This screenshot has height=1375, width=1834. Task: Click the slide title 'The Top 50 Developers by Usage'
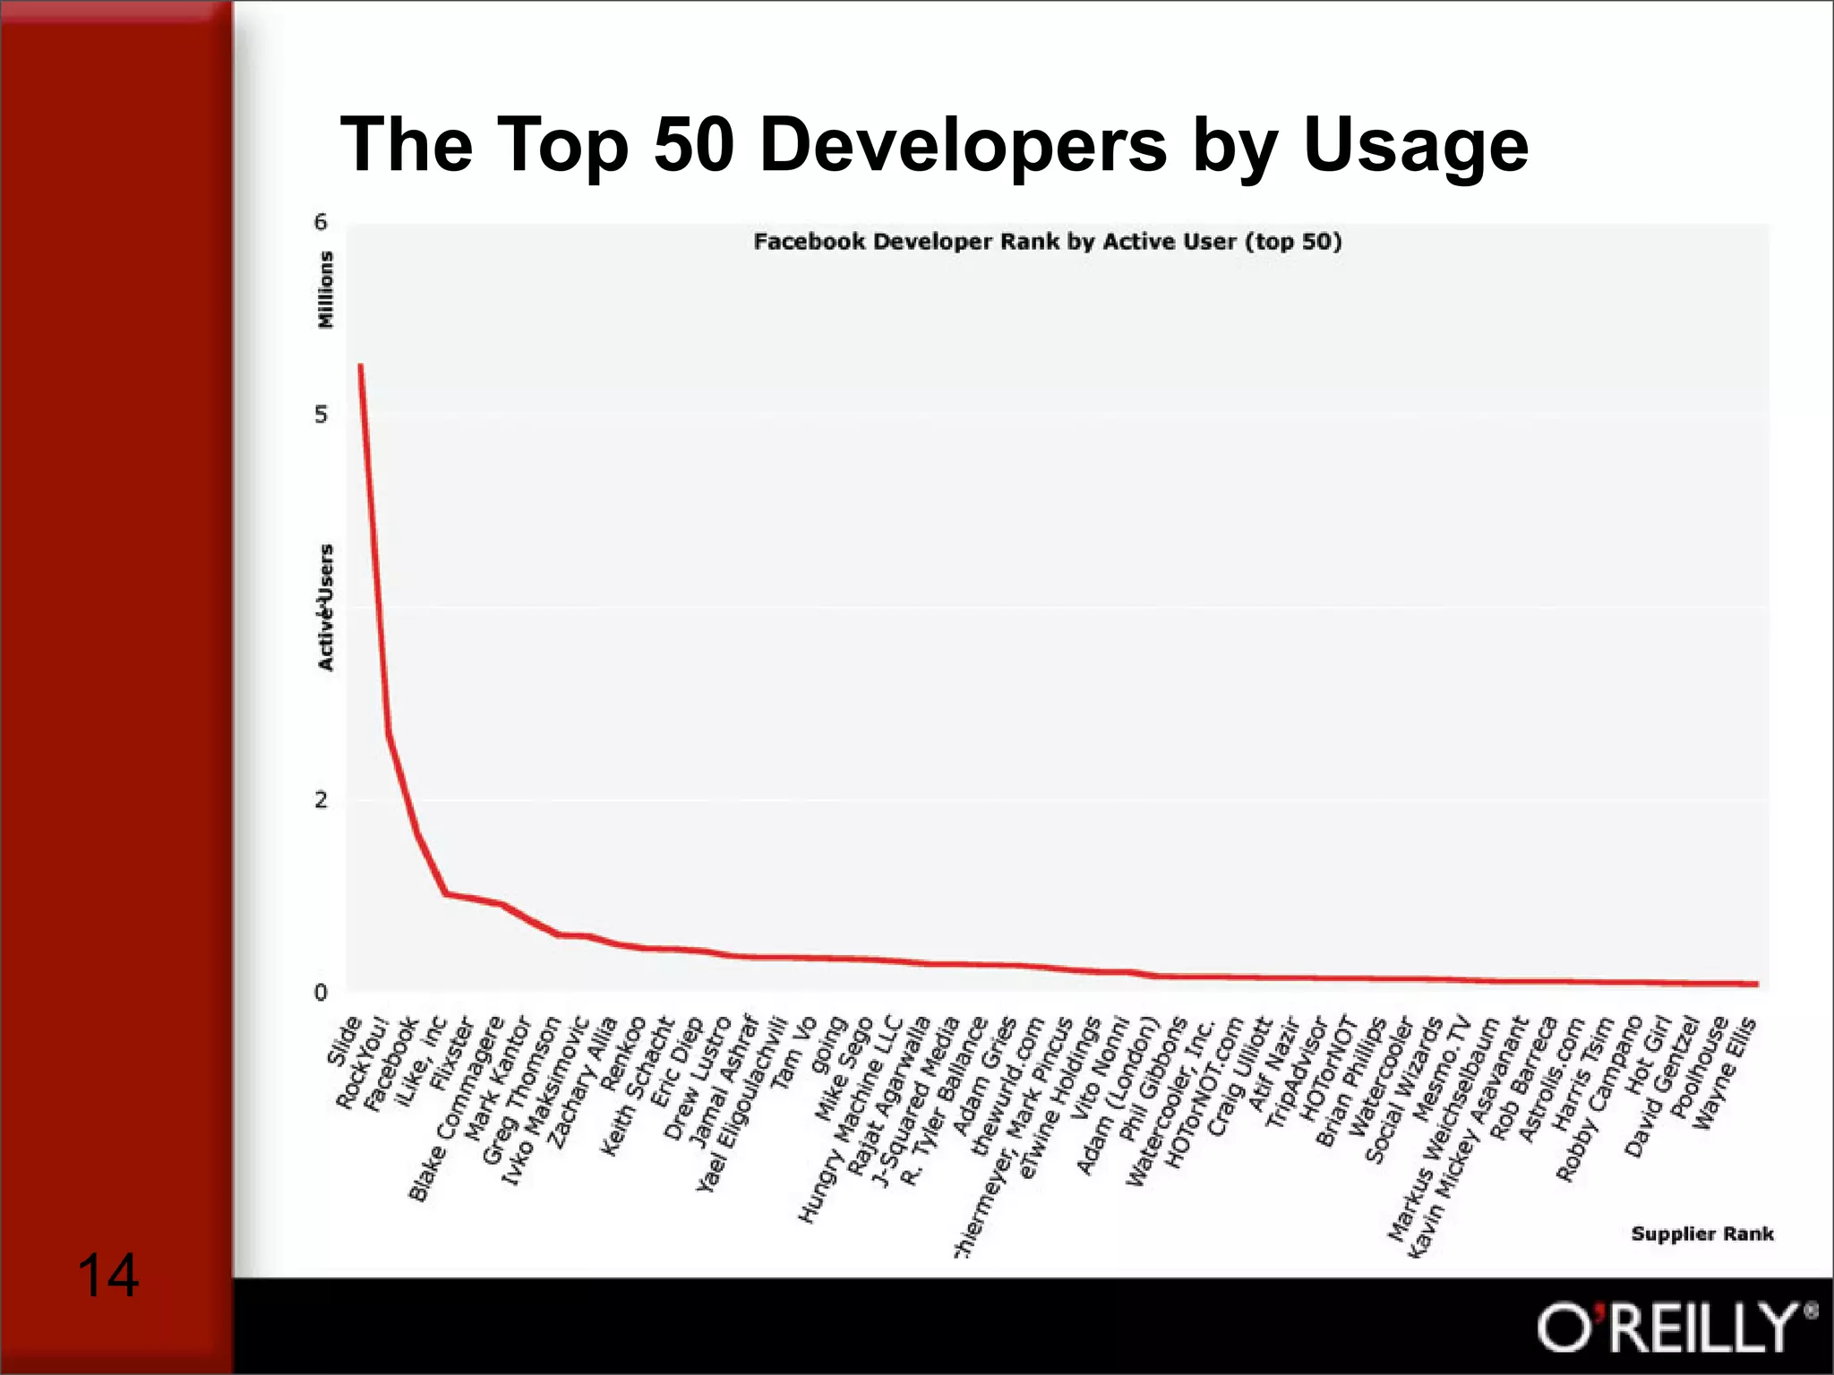coord(934,145)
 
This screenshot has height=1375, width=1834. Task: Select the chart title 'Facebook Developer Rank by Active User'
coord(1047,242)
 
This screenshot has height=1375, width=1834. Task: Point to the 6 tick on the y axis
coord(321,222)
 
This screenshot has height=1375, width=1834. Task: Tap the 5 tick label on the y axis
coord(321,414)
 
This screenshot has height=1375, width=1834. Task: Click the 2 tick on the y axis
coord(321,800)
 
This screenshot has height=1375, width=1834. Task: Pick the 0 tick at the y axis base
coord(321,992)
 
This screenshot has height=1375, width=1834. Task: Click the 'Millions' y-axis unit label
coord(326,289)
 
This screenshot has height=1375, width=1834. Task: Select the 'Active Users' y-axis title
coord(326,607)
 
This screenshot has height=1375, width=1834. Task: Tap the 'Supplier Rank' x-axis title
coord(1701,1234)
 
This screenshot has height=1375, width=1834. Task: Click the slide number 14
coord(107,1275)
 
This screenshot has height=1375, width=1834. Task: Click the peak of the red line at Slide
coord(360,365)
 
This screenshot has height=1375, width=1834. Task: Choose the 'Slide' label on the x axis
coord(345,1041)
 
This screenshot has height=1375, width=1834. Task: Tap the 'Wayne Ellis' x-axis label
coord(1724,1072)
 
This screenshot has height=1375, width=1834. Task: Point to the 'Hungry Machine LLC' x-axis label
coord(848,1119)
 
